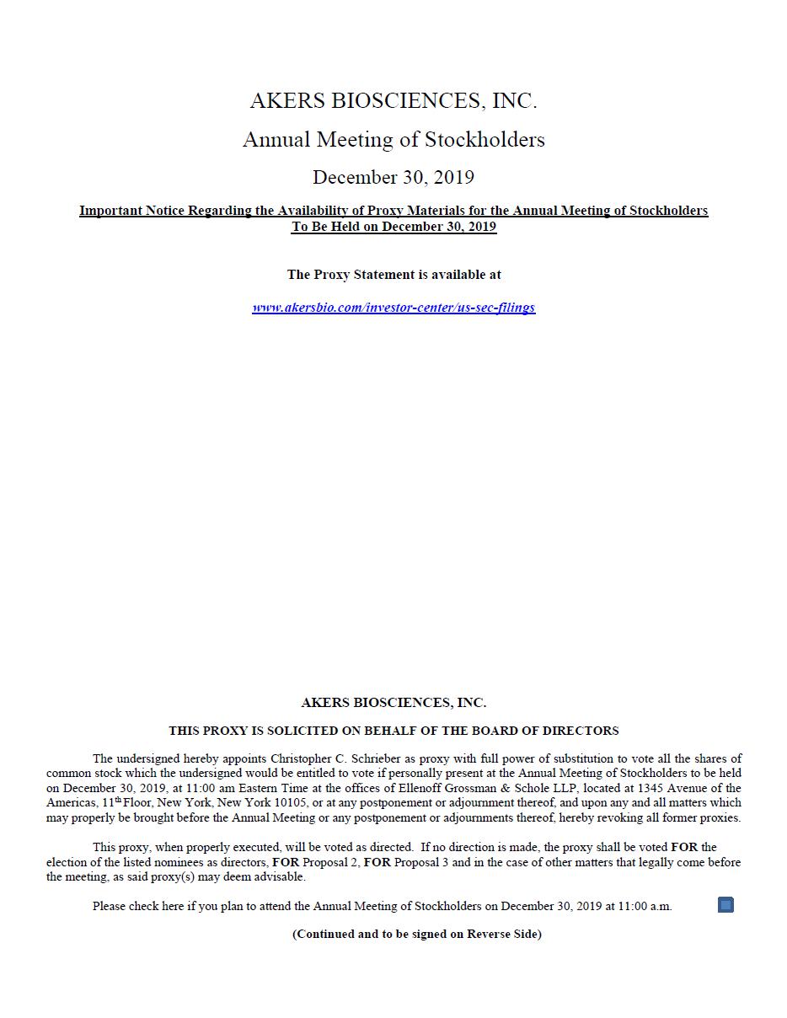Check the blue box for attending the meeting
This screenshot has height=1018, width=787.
[725, 905]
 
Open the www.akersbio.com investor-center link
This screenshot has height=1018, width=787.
[393, 308]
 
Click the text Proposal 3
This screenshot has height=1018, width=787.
[422, 862]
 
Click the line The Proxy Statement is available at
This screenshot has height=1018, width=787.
[393, 275]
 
